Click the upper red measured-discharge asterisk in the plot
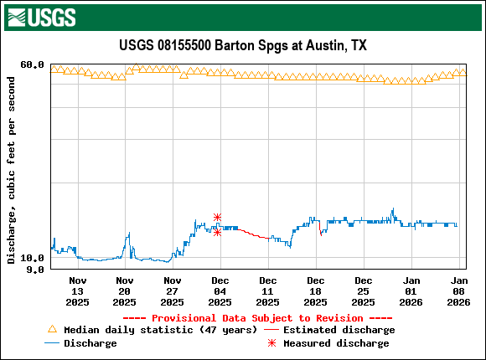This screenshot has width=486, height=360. pos(217,217)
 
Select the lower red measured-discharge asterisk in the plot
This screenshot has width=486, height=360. pos(217,232)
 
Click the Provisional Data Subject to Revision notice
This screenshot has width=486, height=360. pos(257,318)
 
